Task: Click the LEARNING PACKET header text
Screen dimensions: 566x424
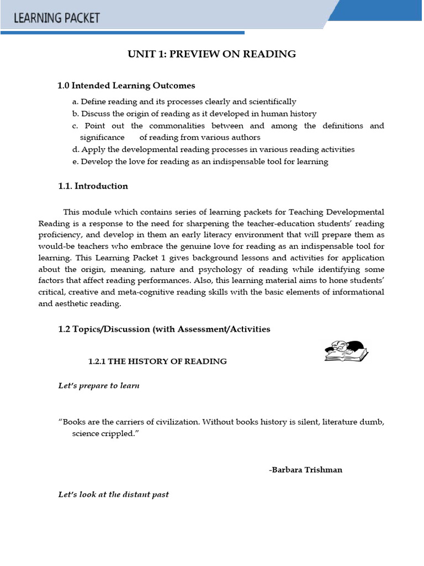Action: click(57, 18)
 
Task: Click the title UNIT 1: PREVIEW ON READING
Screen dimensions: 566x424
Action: click(212, 54)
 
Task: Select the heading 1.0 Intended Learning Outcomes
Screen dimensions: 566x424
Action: click(126, 86)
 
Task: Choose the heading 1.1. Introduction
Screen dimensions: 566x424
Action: click(93, 186)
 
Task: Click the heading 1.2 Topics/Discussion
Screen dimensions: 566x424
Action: click(164, 329)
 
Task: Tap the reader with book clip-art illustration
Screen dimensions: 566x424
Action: click(346, 351)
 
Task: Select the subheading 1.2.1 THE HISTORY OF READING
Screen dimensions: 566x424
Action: click(157, 361)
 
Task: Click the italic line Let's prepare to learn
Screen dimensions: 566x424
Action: click(99, 385)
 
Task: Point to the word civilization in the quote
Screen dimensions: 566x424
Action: click(176, 422)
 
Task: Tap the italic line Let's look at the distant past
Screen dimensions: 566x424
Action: click(113, 494)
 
